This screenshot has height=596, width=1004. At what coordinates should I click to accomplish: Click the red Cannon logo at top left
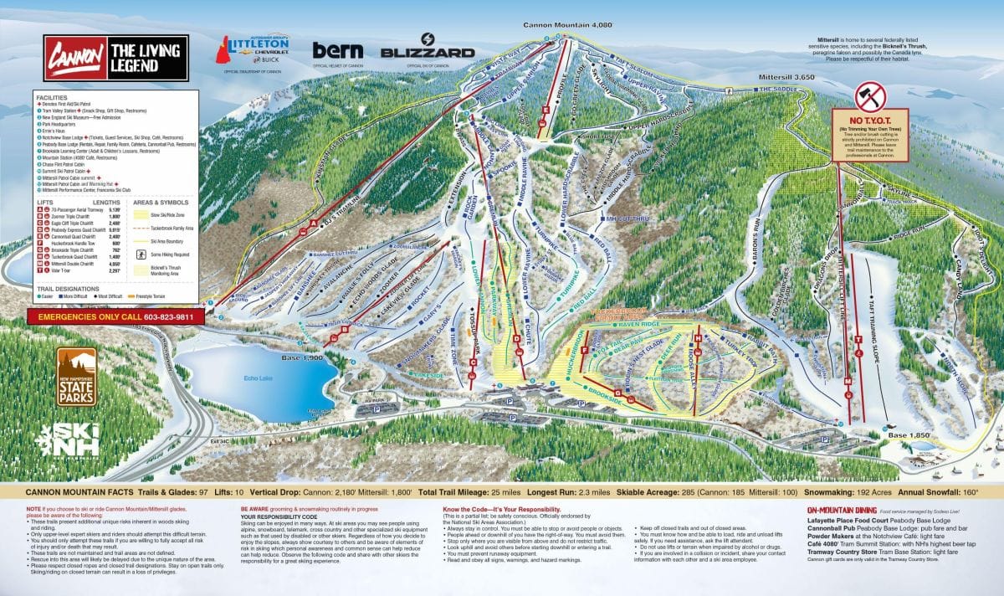(70, 58)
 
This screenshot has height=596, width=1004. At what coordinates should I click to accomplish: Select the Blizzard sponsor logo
(427, 49)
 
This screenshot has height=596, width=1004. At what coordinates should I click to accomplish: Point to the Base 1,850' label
(909, 435)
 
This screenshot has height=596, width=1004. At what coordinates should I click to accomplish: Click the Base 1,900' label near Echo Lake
(298, 357)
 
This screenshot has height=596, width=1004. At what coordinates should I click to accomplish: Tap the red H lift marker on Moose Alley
(697, 338)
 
